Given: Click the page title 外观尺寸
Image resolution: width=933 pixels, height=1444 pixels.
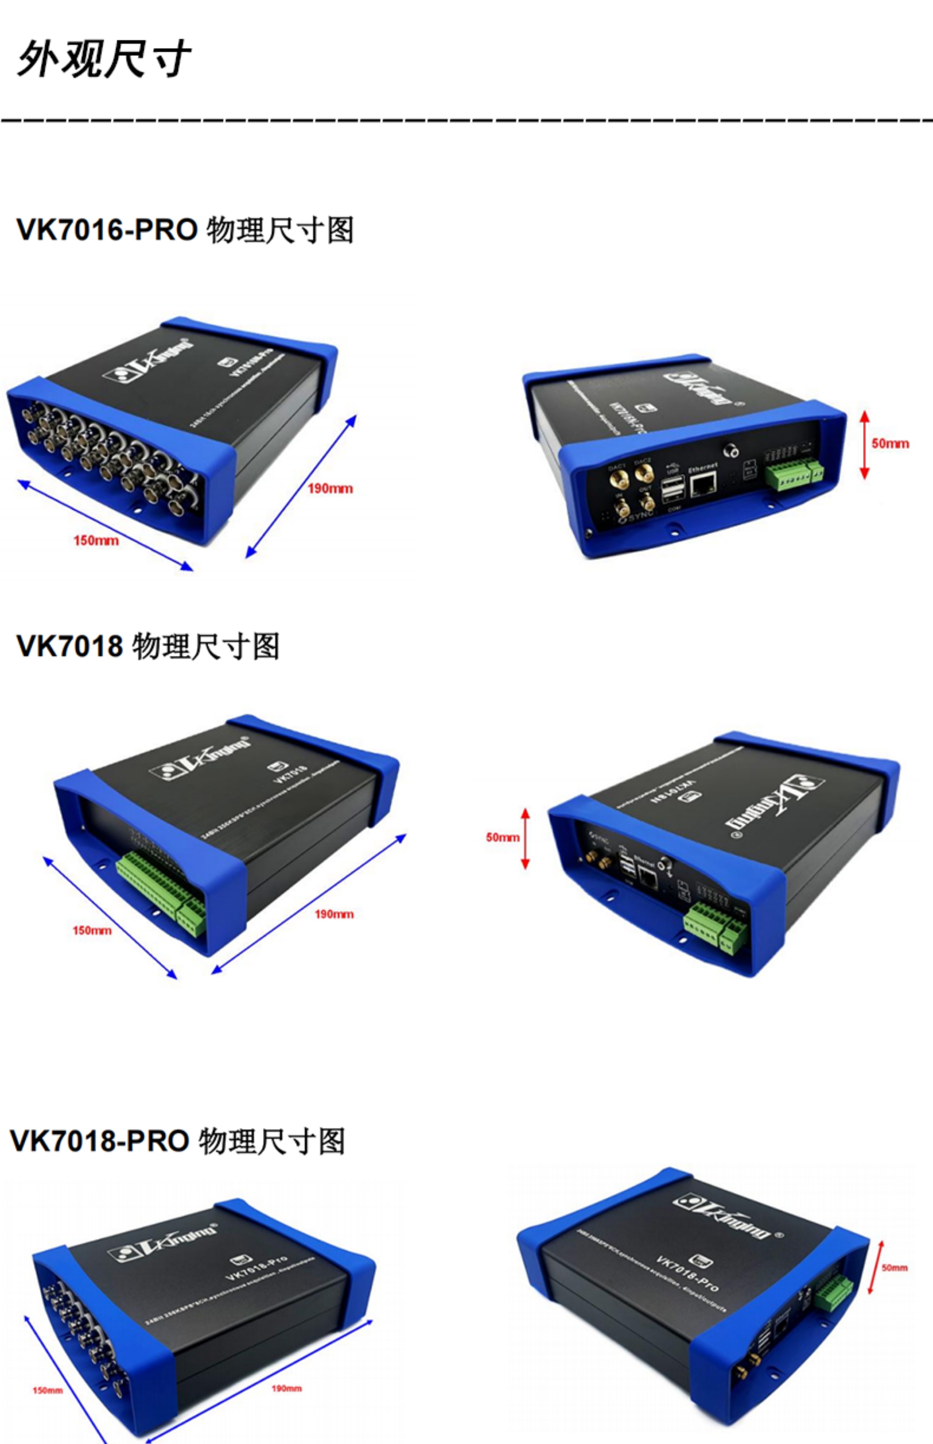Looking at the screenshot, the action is pos(103,59).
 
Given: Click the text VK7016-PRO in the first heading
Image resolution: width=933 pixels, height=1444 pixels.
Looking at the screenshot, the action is pos(106,230).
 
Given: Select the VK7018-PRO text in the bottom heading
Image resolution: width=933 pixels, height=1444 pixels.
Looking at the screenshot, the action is pos(100,1141).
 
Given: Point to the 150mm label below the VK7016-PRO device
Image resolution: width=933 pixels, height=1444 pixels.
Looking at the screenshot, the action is pos(96,540).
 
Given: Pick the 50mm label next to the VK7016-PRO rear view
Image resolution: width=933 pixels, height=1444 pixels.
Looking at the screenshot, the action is pos(890,443).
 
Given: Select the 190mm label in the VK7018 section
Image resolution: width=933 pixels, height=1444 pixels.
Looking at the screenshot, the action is pos(333,914).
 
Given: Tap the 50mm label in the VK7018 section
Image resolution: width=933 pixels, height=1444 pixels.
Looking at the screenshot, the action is pos(502,837).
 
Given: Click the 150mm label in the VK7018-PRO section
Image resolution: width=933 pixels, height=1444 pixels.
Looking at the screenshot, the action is pos(47,1390).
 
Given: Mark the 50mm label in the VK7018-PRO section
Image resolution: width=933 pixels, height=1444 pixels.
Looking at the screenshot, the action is pos(894,1267).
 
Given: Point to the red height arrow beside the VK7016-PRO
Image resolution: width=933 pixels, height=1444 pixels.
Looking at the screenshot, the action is pos(865,444).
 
